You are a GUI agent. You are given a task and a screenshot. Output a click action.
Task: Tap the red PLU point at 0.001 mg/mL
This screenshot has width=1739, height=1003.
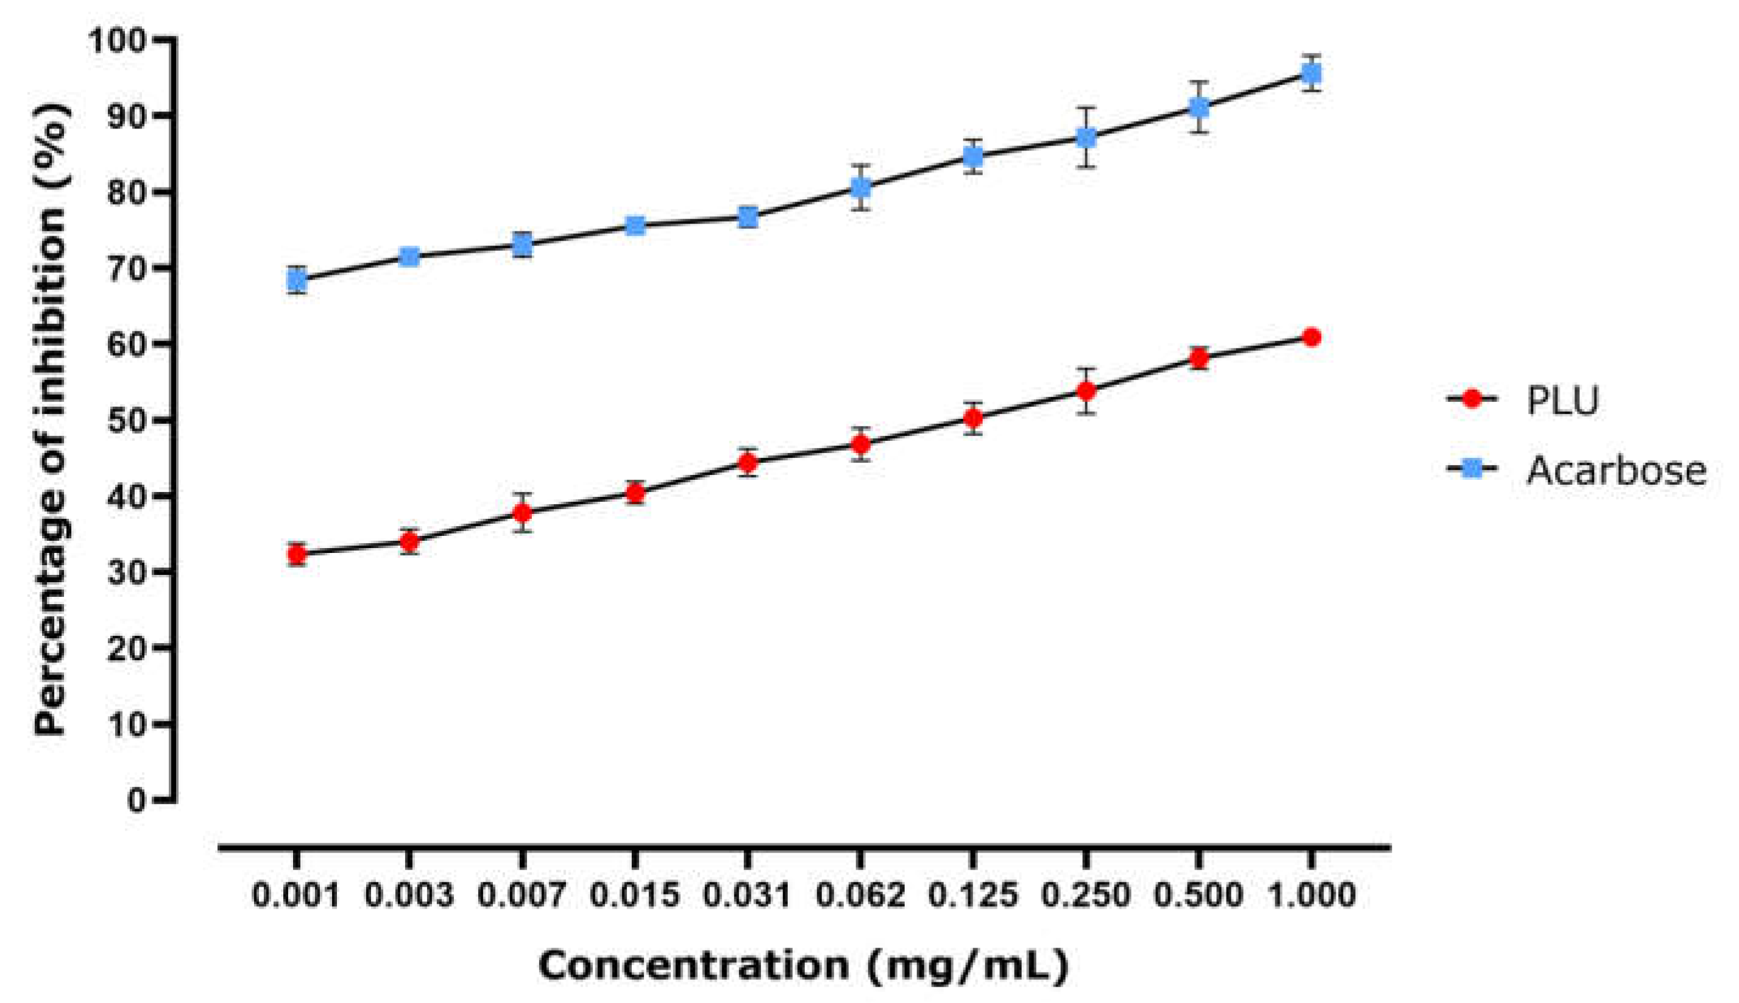pos(297,554)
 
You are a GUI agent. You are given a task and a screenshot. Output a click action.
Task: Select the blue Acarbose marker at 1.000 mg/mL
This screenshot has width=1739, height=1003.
pos(1311,72)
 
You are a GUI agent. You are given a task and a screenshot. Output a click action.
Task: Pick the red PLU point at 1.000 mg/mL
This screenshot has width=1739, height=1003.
pos(1312,337)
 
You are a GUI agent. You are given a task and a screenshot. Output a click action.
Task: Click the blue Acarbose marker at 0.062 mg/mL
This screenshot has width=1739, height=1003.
pos(860,188)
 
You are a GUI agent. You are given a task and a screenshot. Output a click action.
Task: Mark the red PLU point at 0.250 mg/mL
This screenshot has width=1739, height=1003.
pos(1086,392)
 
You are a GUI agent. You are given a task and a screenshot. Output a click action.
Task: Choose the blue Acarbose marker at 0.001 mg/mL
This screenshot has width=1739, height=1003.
pos(297,280)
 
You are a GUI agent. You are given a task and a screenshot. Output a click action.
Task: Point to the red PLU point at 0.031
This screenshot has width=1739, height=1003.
pos(748,462)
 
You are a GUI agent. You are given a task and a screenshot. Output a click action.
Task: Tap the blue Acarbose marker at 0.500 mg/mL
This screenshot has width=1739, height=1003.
pos(1199,107)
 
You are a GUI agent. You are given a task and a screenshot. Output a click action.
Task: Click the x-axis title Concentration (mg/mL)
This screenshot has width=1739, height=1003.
pos(803,966)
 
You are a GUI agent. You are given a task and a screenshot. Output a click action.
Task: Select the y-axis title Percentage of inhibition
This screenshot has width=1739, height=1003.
pos(51,420)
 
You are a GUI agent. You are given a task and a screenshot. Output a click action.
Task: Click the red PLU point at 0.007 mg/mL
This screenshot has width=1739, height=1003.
pos(522,513)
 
